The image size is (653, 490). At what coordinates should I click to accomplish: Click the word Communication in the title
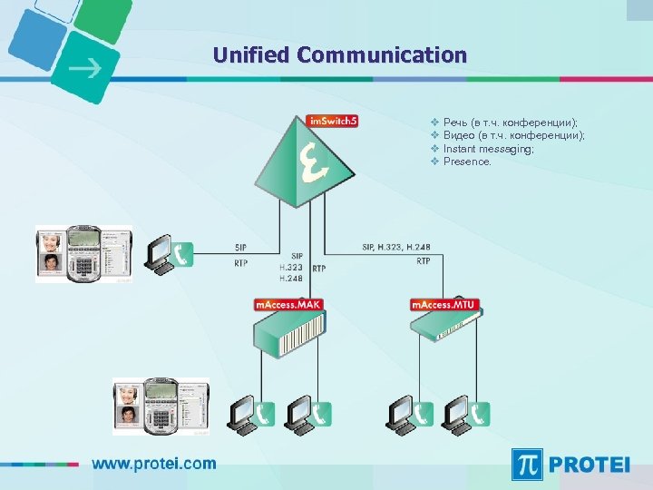(382, 55)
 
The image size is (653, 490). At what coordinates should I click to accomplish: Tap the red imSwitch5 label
(332, 121)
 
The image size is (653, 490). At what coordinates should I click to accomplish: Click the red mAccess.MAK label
(288, 305)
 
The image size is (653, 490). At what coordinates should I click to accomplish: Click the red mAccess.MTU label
(444, 305)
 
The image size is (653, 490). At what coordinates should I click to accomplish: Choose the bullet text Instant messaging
(488, 149)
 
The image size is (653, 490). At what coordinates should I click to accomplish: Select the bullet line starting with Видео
(513, 135)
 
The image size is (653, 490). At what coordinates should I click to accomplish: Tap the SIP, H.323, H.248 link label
(396, 247)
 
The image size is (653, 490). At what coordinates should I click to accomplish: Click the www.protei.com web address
(154, 464)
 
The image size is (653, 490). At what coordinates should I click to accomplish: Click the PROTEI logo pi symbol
(529, 464)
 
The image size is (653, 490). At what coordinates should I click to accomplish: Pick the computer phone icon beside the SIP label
(171, 253)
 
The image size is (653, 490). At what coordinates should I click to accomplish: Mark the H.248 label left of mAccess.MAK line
(291, 279)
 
